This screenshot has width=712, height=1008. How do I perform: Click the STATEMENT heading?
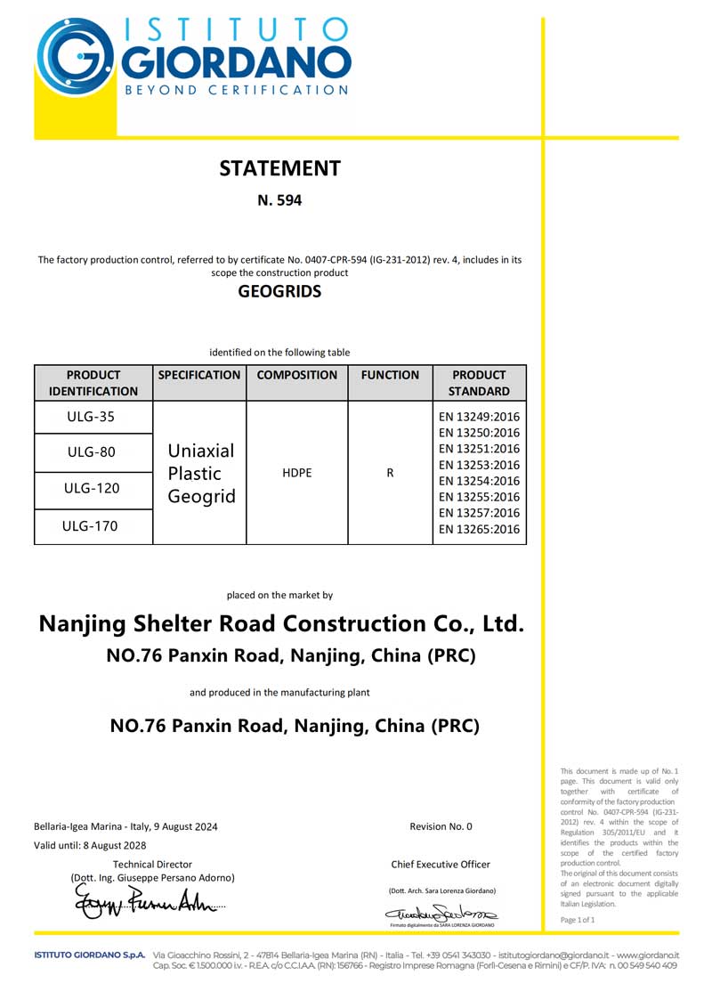279,168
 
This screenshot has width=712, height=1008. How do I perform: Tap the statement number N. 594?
279,201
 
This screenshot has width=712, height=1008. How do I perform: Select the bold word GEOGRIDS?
279,291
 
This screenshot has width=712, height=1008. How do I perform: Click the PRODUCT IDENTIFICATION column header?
93,383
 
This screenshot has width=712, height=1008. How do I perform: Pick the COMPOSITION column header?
296,376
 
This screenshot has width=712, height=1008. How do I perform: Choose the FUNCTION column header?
390,376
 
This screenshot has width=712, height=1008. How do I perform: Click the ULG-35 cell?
93,417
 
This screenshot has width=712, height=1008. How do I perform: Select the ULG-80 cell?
93,452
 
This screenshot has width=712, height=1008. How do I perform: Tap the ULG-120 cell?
93,489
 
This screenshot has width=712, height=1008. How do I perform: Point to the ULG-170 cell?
93,526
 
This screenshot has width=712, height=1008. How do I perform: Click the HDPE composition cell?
296,474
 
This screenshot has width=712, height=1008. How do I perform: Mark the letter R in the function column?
390,474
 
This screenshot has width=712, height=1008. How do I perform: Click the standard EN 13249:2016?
480,417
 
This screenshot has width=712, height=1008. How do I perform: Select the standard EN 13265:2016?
480,530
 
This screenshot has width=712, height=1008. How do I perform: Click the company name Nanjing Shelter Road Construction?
281,623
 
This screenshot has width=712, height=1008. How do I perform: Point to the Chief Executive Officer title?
441,865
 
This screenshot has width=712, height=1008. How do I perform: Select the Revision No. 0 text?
441,826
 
